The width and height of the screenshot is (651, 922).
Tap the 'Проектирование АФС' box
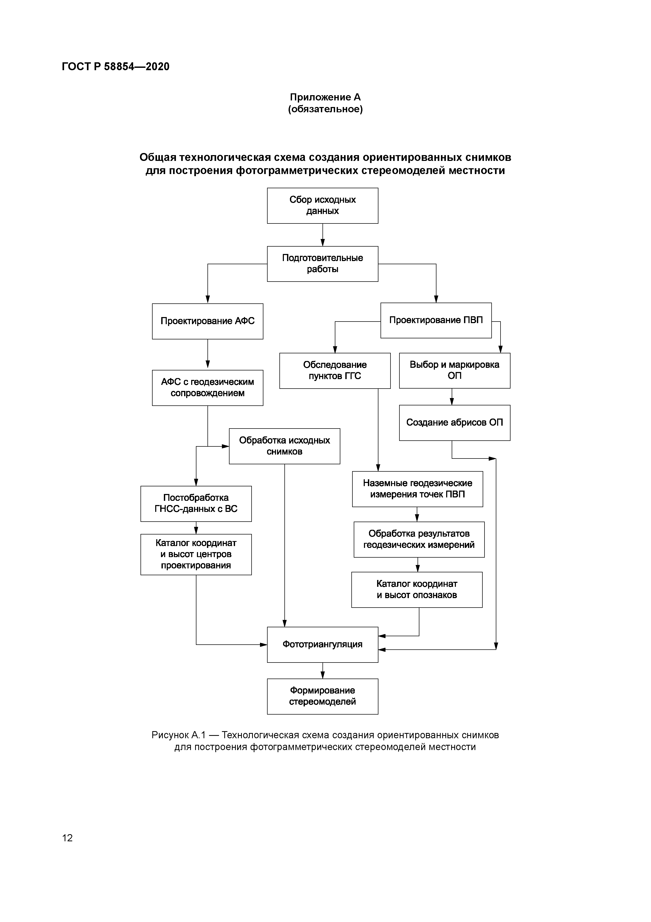[207, 321]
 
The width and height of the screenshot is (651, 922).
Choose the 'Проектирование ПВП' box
[436, 320]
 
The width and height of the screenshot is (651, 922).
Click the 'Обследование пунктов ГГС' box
[335, 371]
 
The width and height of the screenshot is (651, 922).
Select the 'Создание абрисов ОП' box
[455, 422]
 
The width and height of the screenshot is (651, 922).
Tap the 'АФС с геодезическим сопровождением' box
[207, 388]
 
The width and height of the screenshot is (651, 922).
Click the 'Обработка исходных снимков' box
[284, 446]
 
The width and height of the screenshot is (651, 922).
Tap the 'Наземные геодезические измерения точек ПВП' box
[418, 489]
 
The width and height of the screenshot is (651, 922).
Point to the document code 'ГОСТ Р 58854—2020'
[116, 67]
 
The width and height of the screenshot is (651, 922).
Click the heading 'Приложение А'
[325, 97]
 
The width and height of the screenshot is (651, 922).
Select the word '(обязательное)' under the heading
[325, 109]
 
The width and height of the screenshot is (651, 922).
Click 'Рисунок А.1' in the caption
[178, 735]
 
